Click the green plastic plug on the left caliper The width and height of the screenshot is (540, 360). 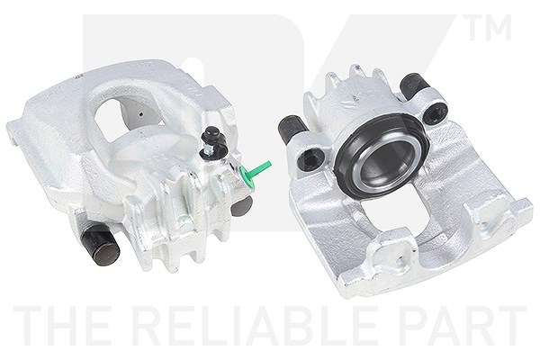click(254, 173)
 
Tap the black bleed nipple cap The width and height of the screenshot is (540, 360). click(211, 135)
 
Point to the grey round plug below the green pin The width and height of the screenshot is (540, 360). click(241, 206)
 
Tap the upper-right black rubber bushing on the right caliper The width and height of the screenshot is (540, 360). click(414, 85)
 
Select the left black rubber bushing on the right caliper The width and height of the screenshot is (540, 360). click(292, 130)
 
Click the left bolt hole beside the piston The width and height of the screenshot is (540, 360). click(311, 159)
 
